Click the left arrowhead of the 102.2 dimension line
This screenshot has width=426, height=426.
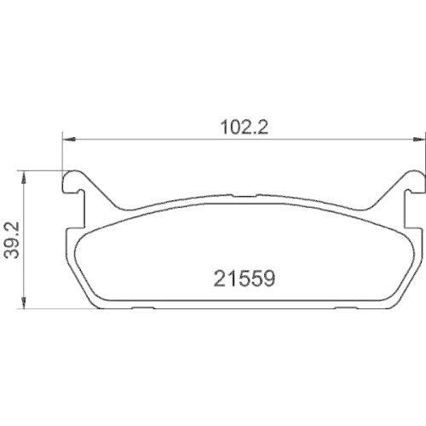pyautogui.click(x=68, y=139)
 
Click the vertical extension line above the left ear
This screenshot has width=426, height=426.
pyautogui.click(x=63, y=153)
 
